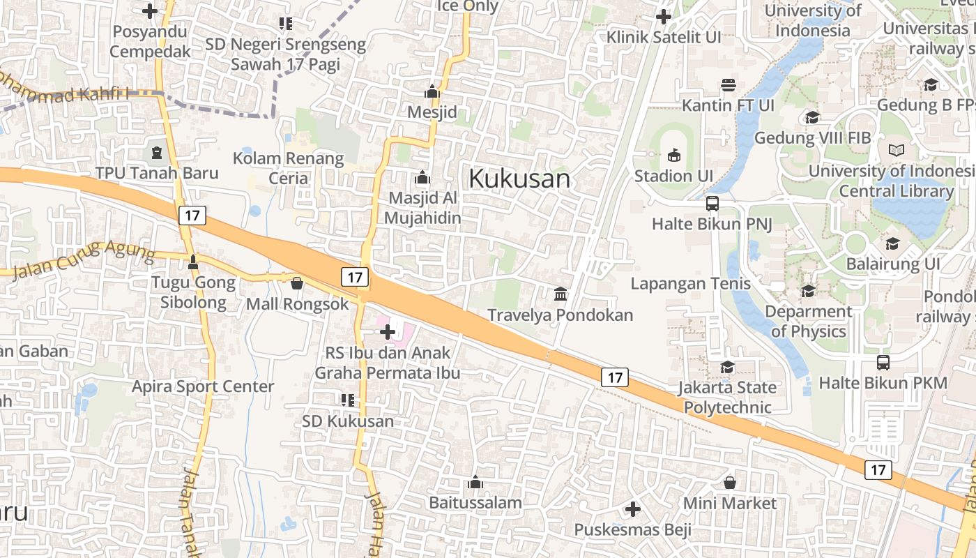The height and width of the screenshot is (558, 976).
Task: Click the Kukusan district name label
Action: pyautogui.click(x=519, y=179)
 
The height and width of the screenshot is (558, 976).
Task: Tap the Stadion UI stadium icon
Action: pyautogui.click(x=673, y=155)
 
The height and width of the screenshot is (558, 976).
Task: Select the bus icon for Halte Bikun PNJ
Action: pyautogui.click(x=712, y=204)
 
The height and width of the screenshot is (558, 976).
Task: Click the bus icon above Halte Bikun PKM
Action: pyautogui.click(x=883, y=363)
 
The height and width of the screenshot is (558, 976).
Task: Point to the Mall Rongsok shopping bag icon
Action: pyautogui.click(x=297, y=283)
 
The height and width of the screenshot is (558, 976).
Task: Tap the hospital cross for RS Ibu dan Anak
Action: pyautogui.click(x=388, y=332)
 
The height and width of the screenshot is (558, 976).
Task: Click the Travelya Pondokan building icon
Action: pyautogui.click(x=561, y=294)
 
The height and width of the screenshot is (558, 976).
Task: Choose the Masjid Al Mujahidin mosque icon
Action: pyautogui.click(x=422, y=177)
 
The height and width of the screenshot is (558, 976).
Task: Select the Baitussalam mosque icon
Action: pyautogui.click(x=475, y=482)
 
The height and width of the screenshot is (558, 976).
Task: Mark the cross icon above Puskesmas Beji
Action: pyautogui.click(x=632, y=509)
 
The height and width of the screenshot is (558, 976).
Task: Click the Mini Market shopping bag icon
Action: pyautogui.click(x=729, y=483)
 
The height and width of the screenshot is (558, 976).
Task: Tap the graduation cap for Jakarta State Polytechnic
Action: pyautogui.click(x=727, y=367)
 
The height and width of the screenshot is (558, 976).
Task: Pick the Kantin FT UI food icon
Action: pyautogui.click(x=729, y=85)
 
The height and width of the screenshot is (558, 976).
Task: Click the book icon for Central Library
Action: pyautogui.click(x=897, y=150)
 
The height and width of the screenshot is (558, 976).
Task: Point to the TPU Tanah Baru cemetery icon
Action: pyautogui.click(x=156, y=151)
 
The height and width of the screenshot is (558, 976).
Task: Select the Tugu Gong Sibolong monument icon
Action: pyautogui.click(x=193, y=262)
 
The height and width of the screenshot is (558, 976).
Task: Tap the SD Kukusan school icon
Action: pyautogui.click(x=347, y=400)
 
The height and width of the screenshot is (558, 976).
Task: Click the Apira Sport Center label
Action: pyautogui.click(x=203, y=386)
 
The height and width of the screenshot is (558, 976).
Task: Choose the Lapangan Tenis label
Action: pyautogui.click(x=690, y=283)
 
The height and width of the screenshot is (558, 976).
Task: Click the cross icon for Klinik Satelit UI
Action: pyautogui.click(x=663, y=17)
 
